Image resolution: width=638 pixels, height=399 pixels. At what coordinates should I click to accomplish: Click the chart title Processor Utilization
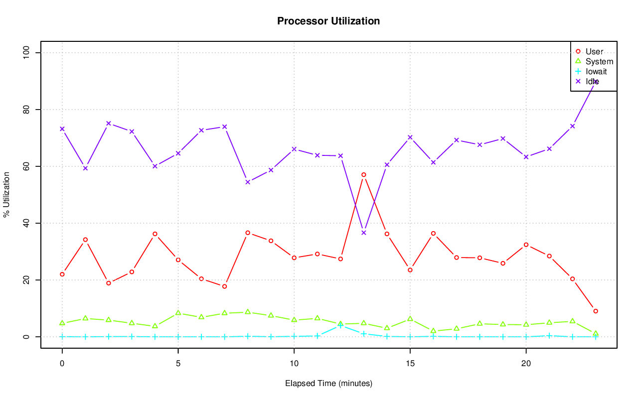point(328,21)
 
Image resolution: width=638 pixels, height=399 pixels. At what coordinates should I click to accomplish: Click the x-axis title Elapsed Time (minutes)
point(328,384)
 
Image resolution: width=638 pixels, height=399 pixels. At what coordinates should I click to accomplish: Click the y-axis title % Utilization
point(7,195)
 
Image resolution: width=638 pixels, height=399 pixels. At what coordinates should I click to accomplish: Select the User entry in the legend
point(594,52)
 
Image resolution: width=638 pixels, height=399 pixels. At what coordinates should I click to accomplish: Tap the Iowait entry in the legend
point(596,71)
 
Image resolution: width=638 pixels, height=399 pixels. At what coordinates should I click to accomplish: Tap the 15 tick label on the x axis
point(410,363)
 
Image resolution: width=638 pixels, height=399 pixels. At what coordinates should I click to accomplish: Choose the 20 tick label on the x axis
point(526,363)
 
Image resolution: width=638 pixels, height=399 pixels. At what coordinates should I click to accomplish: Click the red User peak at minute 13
point(363,175)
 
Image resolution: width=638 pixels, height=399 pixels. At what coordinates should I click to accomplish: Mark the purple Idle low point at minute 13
point(363,233)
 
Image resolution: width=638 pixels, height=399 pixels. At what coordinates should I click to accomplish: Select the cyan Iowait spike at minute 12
point(340,325)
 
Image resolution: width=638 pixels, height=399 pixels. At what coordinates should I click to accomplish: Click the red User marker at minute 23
point(595,311)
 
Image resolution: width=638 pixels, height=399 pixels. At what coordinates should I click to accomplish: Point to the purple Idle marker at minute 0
point(62,129)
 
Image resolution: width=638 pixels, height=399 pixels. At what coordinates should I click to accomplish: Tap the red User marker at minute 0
point(62,274)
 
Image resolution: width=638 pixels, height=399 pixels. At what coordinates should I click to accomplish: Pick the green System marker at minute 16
point(433,331)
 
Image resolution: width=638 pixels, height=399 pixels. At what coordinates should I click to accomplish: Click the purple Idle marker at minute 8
point(248,182)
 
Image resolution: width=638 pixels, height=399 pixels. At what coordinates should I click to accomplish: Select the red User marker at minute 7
point(224,286)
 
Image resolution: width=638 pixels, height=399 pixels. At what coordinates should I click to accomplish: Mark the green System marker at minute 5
point(178,313)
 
